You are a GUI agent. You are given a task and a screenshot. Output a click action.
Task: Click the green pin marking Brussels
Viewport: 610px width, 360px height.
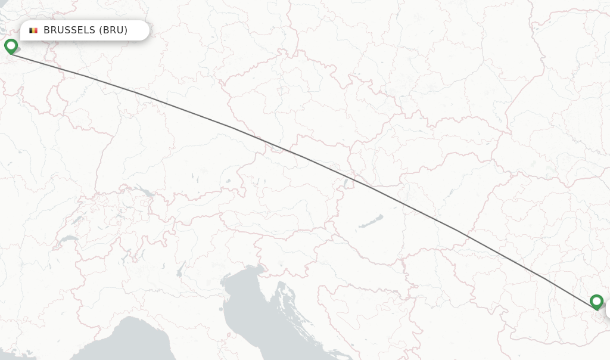coord(11,46)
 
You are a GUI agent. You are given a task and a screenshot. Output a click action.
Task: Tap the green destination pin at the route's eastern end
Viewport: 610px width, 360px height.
coord(596,302)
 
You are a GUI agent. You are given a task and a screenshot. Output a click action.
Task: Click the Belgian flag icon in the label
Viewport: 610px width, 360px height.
coord(33,30)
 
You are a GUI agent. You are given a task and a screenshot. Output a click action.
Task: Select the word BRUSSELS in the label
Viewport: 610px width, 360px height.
coord(69,30)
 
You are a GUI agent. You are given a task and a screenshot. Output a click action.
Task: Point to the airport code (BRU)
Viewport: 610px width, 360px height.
coord(113,30)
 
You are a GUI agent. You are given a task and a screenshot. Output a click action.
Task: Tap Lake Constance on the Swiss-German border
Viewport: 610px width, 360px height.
coord(145,193)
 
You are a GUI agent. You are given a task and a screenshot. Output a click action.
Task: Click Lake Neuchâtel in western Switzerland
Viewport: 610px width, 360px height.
coord(76,219)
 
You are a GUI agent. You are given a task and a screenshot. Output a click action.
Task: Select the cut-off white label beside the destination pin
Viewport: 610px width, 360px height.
coord(608,309)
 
